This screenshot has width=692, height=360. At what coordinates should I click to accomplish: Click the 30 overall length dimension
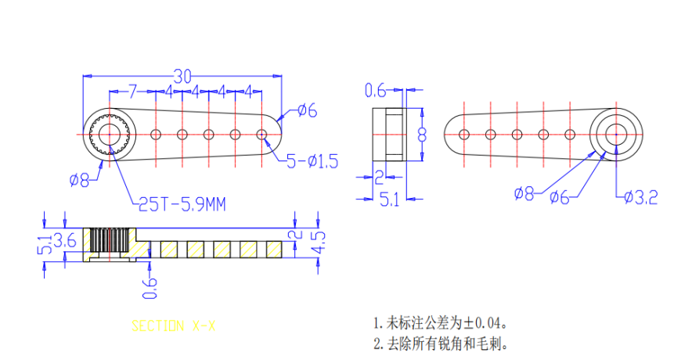[x=182, y=76]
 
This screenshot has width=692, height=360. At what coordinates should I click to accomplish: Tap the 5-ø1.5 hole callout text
[x=312, y=162]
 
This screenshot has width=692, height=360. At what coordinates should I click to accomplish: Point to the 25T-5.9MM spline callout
[x=182, y=204]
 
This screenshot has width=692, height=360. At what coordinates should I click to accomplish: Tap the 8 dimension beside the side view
[x=421, y=134]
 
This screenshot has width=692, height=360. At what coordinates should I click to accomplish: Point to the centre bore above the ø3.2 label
[x=615, y=134]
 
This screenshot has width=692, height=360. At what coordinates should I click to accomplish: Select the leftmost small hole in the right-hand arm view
[x=464, y=134]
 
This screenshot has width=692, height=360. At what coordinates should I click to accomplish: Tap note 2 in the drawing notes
[x=434, y=343]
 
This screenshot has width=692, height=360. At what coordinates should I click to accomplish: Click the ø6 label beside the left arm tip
[x=307, y=111]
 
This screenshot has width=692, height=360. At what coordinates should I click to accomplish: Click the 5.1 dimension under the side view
[x=389, y=200]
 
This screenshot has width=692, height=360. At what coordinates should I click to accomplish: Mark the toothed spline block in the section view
[x=108, y=243]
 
